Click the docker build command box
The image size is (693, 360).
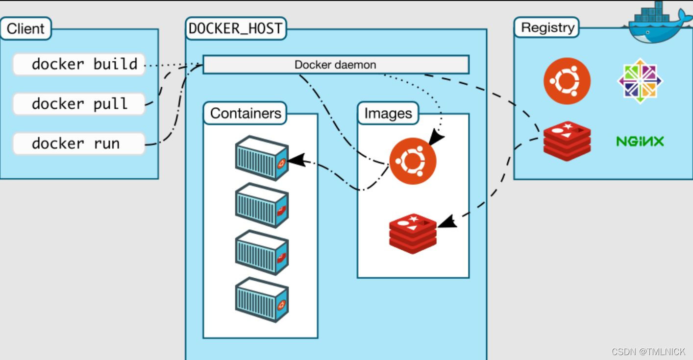[79, 64]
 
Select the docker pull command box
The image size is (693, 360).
[79, 104]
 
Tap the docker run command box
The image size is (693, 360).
[79, 144]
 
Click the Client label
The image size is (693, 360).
[25, 28]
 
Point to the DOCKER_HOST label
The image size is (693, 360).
[236, 28]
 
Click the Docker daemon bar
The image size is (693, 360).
[336, 65]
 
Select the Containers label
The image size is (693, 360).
[246, 113]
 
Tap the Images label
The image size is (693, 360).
[388, 114]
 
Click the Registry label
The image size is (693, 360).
[547, 27]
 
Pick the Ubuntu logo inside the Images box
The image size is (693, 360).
[413, 161]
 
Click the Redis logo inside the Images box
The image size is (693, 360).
[413, 234]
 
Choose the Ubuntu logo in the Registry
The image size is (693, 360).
[567, 81]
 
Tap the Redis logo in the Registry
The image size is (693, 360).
[567, 142]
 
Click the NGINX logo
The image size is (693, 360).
[640, 142]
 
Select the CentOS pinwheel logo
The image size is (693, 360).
[640, 81]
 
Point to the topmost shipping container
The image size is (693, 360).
[261, 158]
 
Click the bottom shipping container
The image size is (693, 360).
[261, 299]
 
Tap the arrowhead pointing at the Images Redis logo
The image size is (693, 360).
[446, 222]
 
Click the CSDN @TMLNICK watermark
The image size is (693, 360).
[648, 352]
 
